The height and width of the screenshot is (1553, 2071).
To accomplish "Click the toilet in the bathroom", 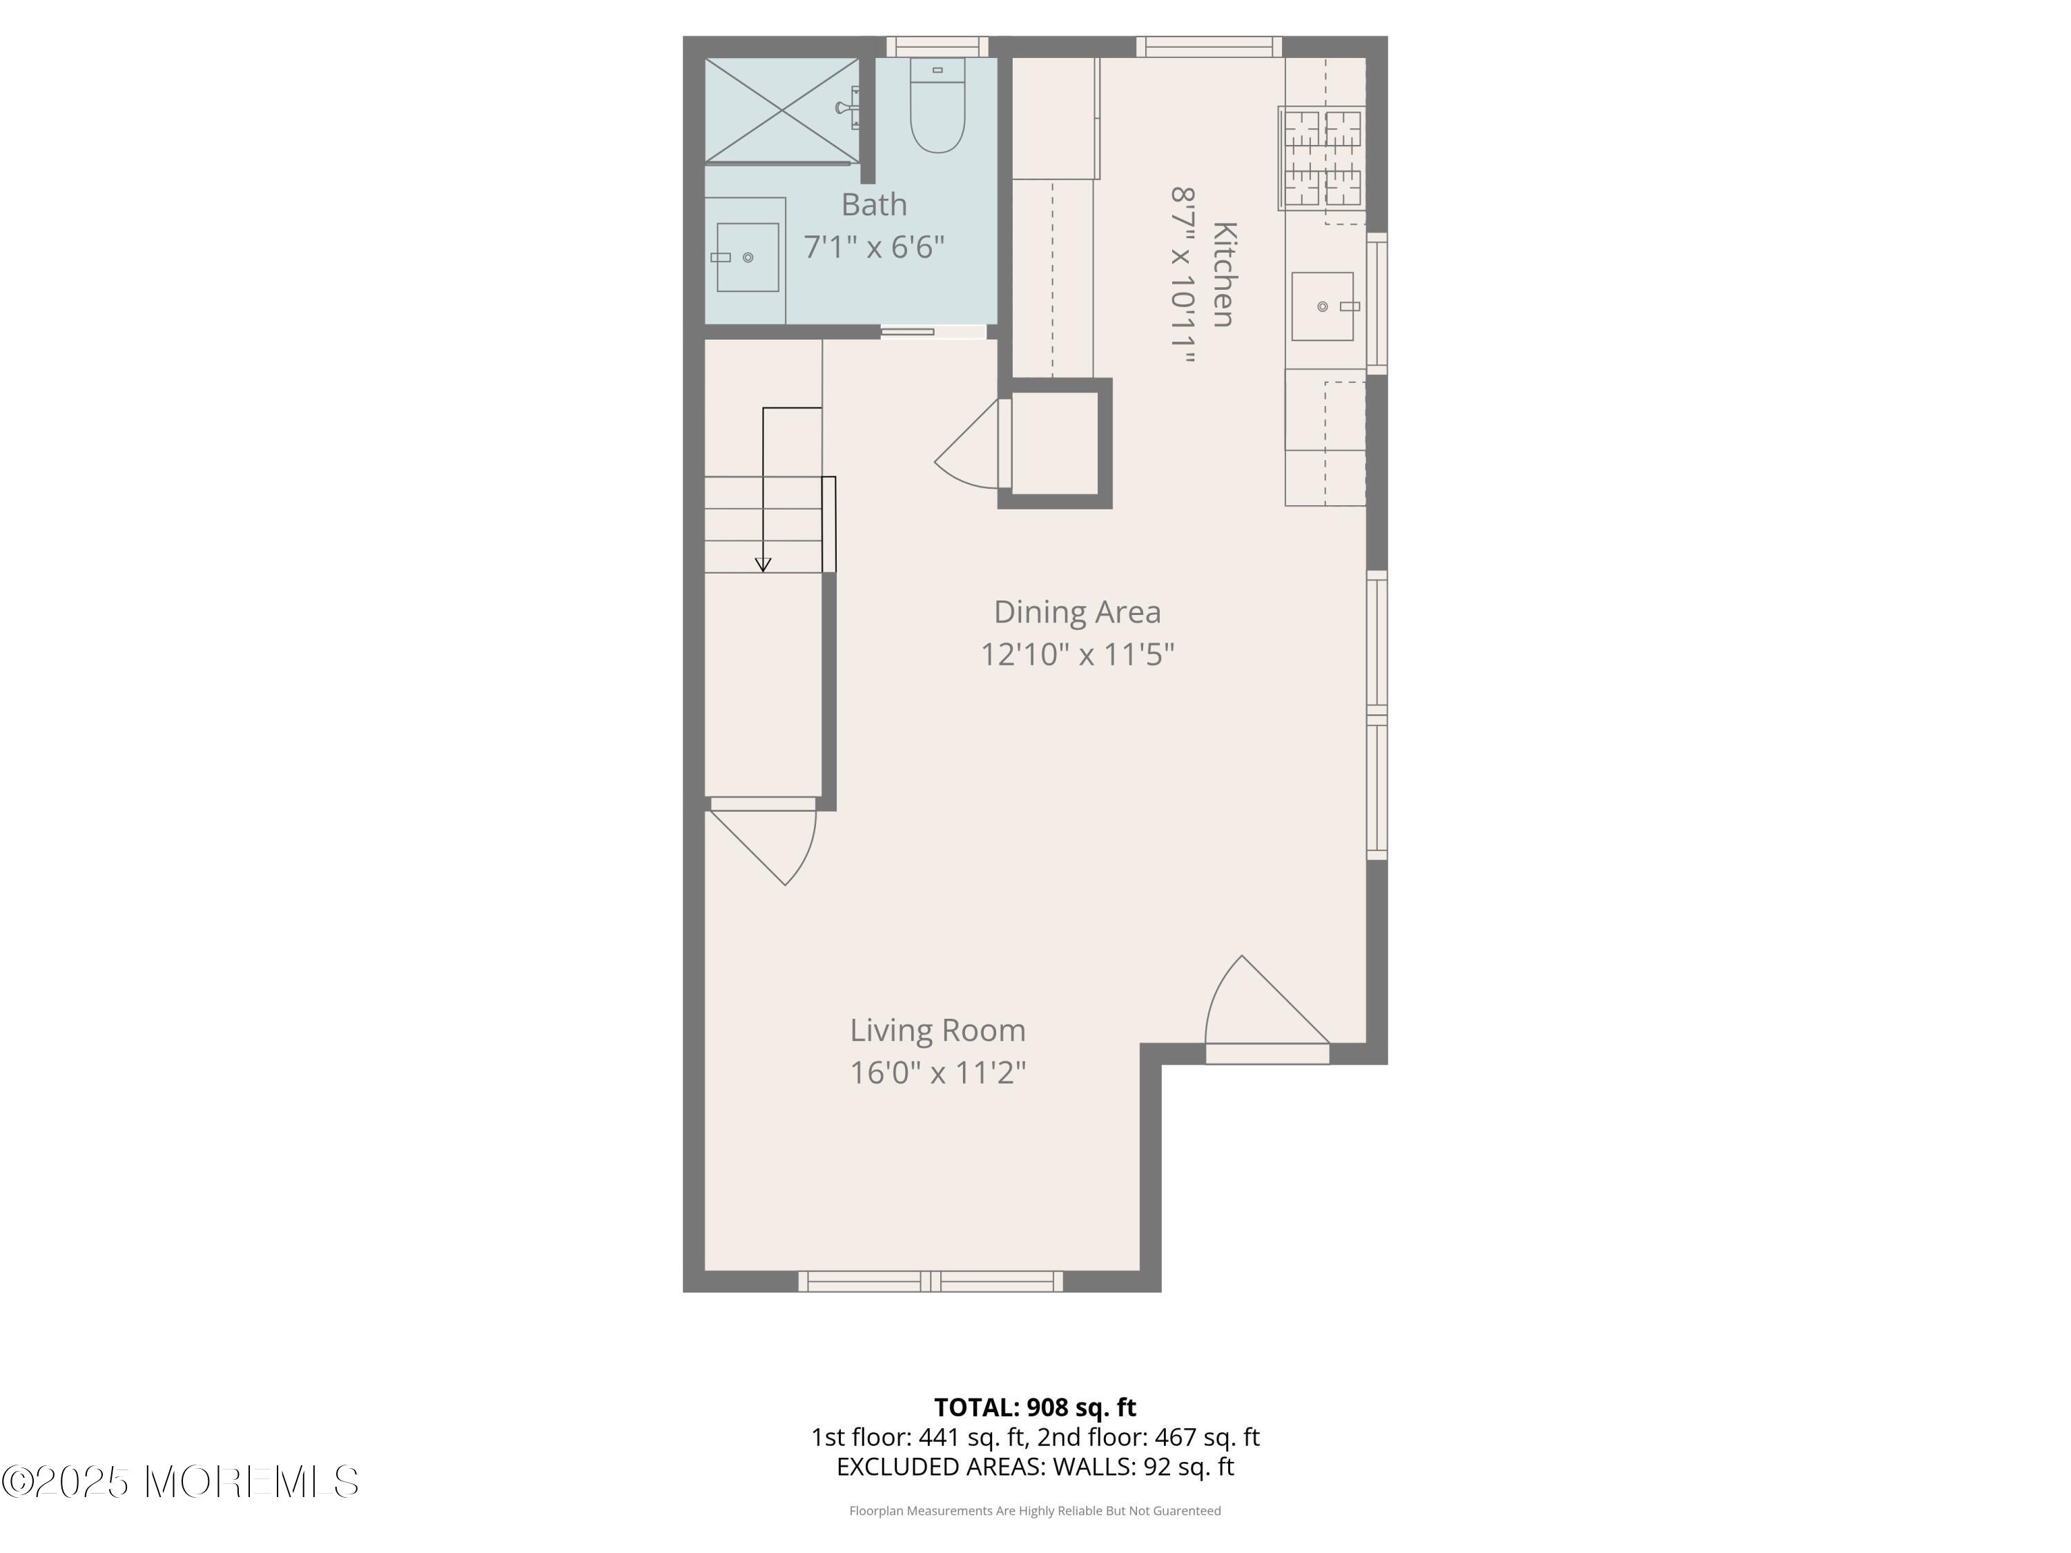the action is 937,105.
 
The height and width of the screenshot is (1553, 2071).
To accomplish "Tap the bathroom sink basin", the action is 747,257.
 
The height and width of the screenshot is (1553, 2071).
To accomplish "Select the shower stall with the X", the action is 781,110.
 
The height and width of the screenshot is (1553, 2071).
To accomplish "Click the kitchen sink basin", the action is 1322,306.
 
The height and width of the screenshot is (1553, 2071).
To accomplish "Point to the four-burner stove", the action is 1321,158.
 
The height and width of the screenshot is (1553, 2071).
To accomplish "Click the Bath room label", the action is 873,204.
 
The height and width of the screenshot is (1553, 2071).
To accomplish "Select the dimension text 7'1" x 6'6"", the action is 873,247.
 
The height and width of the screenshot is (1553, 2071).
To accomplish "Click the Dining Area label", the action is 1077,612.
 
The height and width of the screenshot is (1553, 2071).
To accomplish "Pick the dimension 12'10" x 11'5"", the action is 1077,654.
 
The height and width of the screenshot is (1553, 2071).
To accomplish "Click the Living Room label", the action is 937,1030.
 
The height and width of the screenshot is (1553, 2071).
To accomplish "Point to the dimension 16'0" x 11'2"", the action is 937,1072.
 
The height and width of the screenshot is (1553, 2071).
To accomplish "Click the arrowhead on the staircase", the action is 763,565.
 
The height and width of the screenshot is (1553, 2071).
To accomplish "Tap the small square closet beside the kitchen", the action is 1055,444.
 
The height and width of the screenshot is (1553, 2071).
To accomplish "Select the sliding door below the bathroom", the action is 933,331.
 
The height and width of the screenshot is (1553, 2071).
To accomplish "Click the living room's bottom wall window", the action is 931,1282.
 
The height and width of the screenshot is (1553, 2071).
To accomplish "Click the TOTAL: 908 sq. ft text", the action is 1035,1407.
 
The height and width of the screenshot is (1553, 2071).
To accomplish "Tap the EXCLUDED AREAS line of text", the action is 1035,1467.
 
